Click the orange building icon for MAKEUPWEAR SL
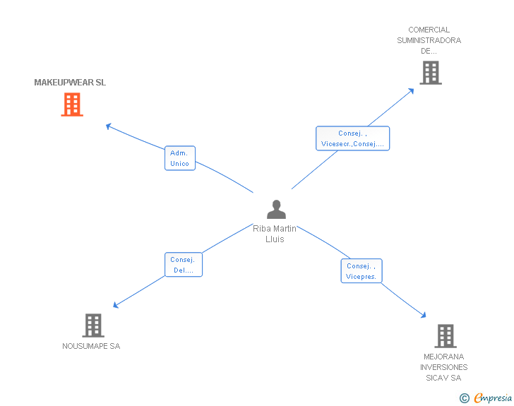tap(72, 105)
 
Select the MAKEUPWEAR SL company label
tap(70, 83)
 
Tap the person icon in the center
tap(276, 209)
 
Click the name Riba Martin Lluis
tap(275, 234)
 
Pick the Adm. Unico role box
tap(180, 158)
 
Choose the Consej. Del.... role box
tap(184, 265)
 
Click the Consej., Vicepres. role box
tap(361, 271)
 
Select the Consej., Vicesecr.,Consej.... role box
tap(353, 138)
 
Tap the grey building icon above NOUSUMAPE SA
tap(93, 326)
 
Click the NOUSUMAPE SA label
tap(91, 346)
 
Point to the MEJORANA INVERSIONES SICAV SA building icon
tap(446, 336)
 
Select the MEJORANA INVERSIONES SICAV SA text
tap(444, 367)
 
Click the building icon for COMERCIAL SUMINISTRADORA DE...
tap(431, 73)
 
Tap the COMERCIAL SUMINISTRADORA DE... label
tap(429, 40)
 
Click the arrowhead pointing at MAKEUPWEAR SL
tap(109, 126)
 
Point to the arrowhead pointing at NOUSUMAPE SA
tap(116, 305)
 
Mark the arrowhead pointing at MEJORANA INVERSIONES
tap(424, 315)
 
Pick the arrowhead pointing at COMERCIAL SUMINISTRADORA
tap(411, 91)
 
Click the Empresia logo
tap(493, 398)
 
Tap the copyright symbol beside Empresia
tap(464, 398)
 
